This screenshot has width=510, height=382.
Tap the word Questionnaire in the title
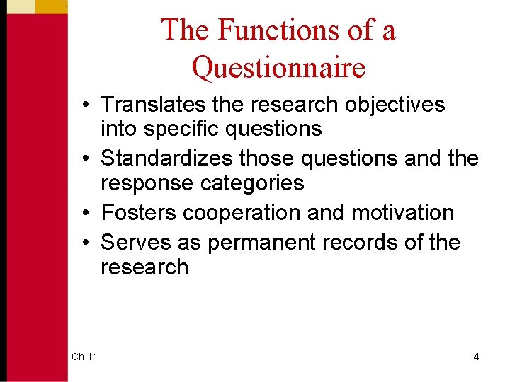coord(278,67)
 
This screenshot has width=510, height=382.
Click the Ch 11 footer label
coord(84,357)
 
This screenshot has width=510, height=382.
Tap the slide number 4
coord(476,357)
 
